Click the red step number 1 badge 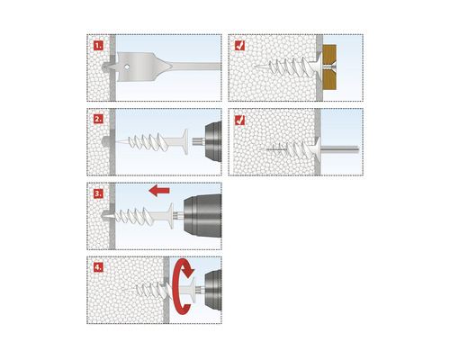[98, 45]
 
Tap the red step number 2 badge [98, 119]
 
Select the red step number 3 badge [98, 193]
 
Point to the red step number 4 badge [98, 267]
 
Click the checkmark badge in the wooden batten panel [239, 45]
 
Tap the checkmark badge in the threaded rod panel [239, 120]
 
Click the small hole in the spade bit [127, 67]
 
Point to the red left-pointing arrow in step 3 [159, 191]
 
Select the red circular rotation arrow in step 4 [183, 287]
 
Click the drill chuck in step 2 [213, 141]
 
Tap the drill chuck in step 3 [202, 216]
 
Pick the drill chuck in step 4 [213, 290]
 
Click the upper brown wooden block [329, 55]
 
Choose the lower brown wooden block [329, 80]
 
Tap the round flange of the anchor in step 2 [185, 141]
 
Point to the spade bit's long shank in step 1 [195, 67]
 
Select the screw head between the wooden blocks [329, 67]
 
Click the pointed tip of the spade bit [103, 67]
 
